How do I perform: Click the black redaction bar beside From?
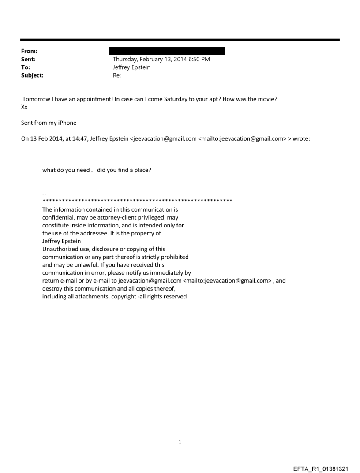tap(169, 51)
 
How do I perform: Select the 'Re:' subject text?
tap(117, 75)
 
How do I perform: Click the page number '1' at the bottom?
tap(180, 442)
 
